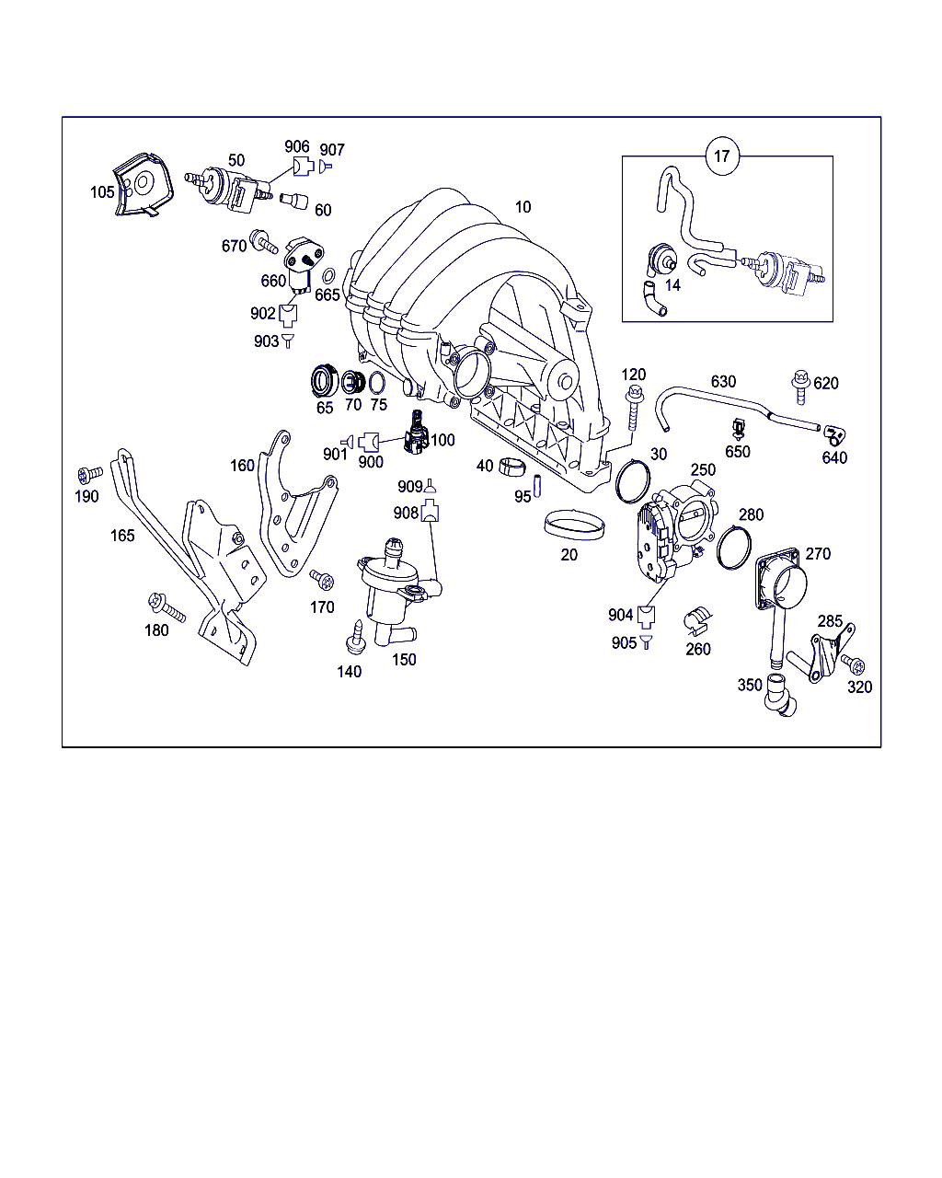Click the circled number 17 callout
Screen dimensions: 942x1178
pyautogui.click(x=722, y=156)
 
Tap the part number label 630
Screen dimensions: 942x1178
pyautogui.click(x=723, y=382)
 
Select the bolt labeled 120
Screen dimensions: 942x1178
pyautogui.click(x=635, y=408)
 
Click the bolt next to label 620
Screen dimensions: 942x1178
pyautogui.click(x=800, y=387)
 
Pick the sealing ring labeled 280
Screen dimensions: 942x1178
pyautogui.click(x=733, y=547)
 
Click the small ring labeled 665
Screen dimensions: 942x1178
pyautogui.click(x=328, y=276)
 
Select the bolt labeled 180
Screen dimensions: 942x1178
pyautogui.click(x=167, y=606)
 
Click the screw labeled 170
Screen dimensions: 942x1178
pyautogui.click(x=322, y=579)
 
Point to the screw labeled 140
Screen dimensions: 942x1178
pyautogui.click(x=356, y=637)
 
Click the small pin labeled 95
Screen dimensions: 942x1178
pyautogui.click(x=537, y=486)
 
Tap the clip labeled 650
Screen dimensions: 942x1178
pyautogui.click(x=740, y=429)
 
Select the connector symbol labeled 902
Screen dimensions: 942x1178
pyautogui.click(x=288, y=316)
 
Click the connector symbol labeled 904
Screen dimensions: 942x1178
pyautogui.click(x=647, y=617)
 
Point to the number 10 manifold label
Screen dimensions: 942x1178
pyautogui.click(x=523, y=207)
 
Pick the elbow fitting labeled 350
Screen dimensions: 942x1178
pyautogui.click(x=780, y=695)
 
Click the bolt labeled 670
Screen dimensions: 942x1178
pyautogui.click(x=263, y=241)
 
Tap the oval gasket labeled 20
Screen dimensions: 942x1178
pyautogui.click(x=575, y=525)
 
